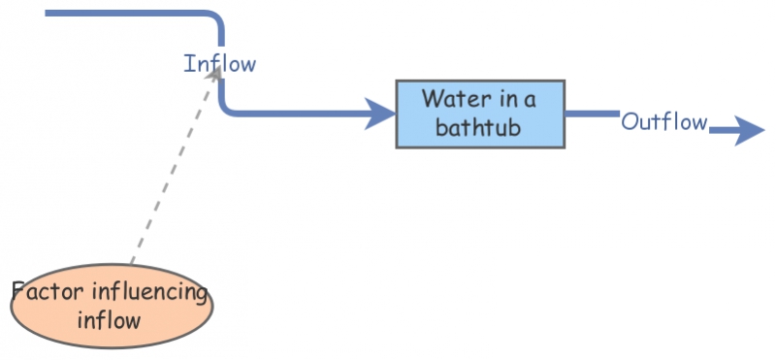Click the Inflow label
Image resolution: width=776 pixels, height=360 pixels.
[x=220, y=65]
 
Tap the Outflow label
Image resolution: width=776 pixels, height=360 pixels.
[x=663, y=122]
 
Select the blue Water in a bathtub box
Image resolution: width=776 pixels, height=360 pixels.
[x=480, y=114]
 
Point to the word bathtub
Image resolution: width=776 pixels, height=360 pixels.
[x=479, y=128]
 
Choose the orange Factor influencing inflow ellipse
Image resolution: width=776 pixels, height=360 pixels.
[x=112, y=306]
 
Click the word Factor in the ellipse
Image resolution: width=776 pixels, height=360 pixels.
[x=48, y=292]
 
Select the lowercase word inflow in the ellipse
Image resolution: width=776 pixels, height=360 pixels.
[x=111, y=319]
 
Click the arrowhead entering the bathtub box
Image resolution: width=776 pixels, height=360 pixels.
[x=380, y=113]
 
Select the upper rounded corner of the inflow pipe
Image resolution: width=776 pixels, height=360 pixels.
[x=216, y=19]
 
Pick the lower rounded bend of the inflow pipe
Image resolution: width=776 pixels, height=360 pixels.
[x=228, y=108]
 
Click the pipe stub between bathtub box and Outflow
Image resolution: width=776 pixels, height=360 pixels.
[x=591, y=114]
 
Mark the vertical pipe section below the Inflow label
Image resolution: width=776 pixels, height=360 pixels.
[x=222, y=91]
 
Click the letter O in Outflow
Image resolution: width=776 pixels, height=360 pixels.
[x=630, y=122]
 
